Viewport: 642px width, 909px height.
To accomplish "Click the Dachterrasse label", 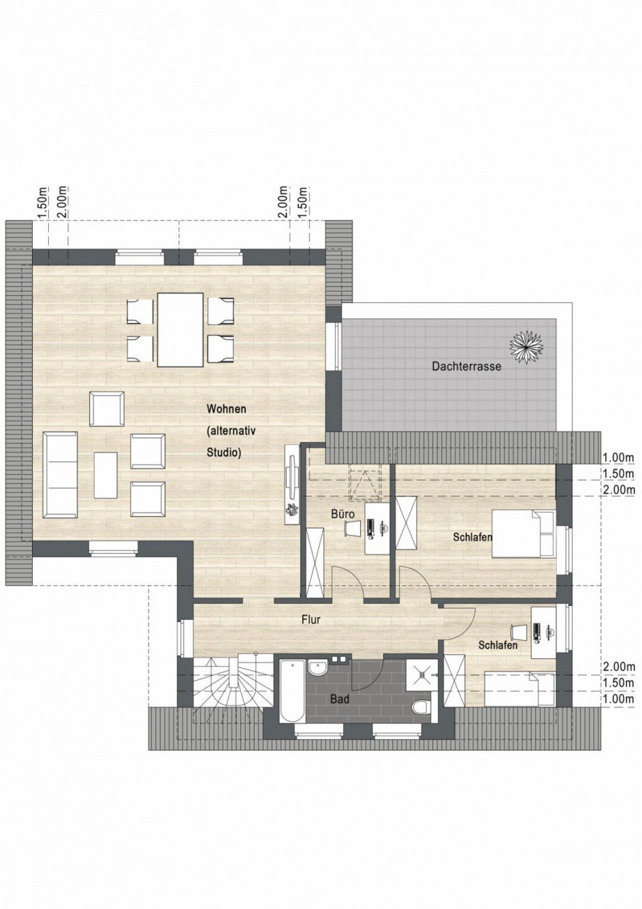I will pyautogui.click(x=466, y=366).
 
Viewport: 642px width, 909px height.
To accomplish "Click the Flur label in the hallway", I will pyautogui.click(x=311, y=619).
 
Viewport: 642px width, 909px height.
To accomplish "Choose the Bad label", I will pyautogui.click(x=340, y=697).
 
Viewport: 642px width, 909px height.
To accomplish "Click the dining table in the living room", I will pyautogui.click(x=180, y=330).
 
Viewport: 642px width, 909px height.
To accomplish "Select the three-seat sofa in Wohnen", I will pyautogui.click(x=60, y=475).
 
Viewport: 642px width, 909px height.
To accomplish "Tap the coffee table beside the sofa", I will pyautogui.click(x=105, y=475).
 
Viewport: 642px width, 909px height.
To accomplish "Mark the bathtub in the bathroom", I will pyautogui.click(x=292, y=690).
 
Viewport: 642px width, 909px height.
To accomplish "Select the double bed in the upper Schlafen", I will pyautogui.click(x=523, y=533).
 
